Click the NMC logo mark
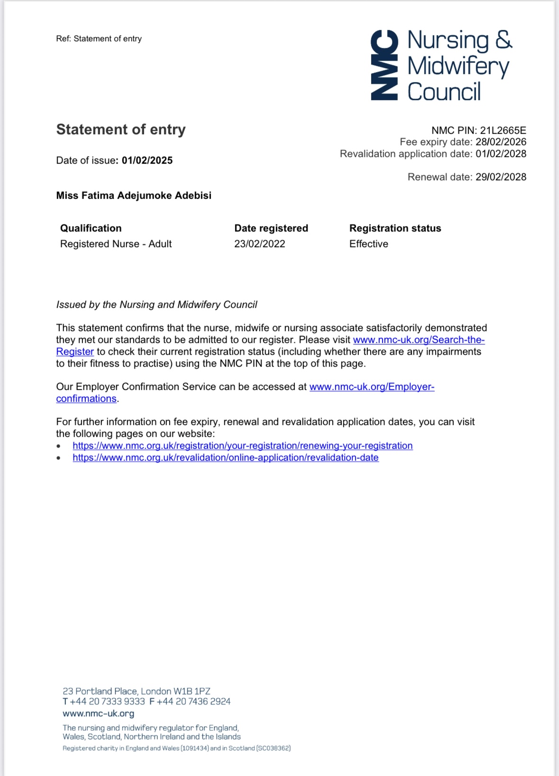tap(384, 65)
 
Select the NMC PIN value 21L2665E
tap(503, 130)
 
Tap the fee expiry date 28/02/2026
tap(501, 142)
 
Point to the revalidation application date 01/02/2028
tap(501, 154)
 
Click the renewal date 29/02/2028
tap(501, 177)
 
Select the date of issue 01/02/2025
tap(147, 160)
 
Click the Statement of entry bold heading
tap(121, 129)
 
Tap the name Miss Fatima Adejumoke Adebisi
tap(134, 195)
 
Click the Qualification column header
tap(91, 228)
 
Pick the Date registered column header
tap(271, 228)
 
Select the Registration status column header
tap(395, 228)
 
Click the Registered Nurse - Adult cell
tap(116, 244)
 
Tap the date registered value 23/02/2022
tap(259, 244)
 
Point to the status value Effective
tap(368, 244)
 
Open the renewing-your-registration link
tap(242, 446)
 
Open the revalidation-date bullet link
tap(225, 458)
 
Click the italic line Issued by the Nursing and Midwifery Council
tap(156, 305)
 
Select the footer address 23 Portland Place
tap(136, 691)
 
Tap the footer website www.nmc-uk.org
tap(98, 713)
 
